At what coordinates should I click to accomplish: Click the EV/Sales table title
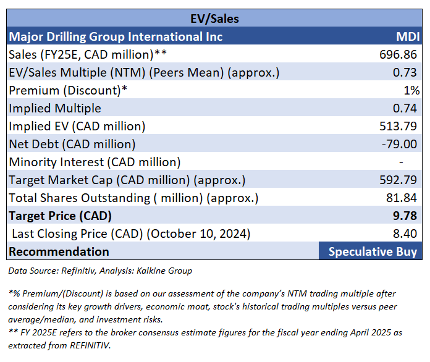[x=216, y=19]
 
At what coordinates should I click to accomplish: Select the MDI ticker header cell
[x=407, y=36]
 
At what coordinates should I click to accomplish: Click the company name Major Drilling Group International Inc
[x=116, y=36]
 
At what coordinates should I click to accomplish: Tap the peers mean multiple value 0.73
[x=406, y=72]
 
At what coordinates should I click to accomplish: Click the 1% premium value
[x=412, y=90]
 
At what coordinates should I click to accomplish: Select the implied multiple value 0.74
[x=406, y=108]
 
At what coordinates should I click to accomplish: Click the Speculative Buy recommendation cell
[x=373, y=251]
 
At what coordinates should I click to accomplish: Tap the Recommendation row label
[x=59, y=251]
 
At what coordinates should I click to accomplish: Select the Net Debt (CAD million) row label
[x=72, y=144]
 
